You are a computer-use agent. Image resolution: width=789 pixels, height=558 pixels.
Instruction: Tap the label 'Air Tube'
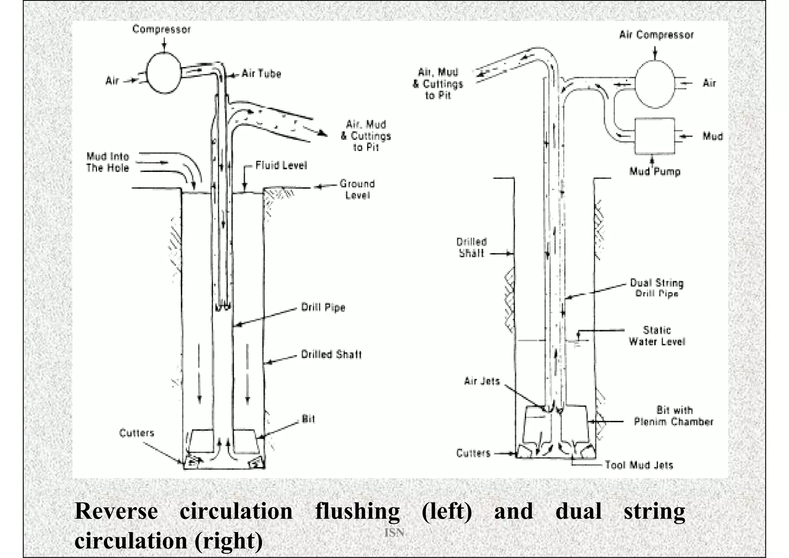[261, 74]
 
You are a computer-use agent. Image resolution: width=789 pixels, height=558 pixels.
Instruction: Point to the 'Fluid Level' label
[281, 165]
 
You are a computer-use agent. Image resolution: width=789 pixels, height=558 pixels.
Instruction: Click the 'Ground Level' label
[357, 189]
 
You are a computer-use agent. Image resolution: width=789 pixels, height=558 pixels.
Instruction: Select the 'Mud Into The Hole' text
[107, 162]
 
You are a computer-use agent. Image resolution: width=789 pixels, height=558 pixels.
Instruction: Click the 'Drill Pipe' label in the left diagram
[323, 307]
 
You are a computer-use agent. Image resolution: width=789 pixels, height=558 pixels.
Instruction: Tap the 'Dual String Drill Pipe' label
[656, 288]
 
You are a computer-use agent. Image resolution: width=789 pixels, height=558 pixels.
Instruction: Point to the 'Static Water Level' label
[657, 335]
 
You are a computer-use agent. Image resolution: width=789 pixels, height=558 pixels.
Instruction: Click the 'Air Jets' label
[482, 381]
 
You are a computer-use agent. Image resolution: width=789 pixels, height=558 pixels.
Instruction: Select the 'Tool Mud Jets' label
[639, 465]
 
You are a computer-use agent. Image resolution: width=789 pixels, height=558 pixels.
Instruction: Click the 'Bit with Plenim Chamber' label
[673, 416]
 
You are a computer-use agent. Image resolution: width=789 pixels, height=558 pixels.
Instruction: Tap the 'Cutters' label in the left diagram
[136, 433]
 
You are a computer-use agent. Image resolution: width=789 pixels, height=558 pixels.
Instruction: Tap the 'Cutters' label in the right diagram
[473, 453]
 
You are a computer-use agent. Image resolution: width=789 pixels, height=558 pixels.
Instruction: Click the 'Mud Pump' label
[655, 171]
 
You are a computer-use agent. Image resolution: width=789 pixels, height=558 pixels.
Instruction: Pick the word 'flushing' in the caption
[357, 511]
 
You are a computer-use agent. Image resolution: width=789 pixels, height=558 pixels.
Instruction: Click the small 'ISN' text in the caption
[394, 533]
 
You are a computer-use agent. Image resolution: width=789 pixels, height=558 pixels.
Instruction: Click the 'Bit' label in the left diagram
[308, 419]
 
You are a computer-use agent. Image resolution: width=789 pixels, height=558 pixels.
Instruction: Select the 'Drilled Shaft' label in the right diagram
[472, 248]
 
